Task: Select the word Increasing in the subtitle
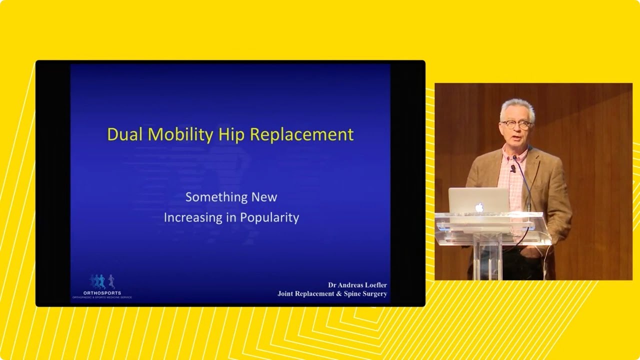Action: (x=193, y=218)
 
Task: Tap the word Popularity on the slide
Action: (x=269, y=218)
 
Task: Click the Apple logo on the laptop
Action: (x=479, y=207)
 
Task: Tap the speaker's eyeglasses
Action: (x=516, y=124)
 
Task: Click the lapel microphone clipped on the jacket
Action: (x=512, y=168)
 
